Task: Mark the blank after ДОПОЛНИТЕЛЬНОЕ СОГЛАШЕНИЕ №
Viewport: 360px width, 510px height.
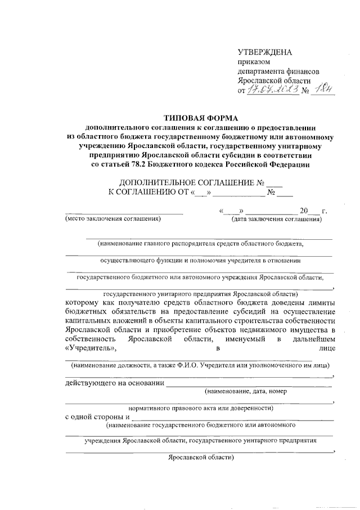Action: coord(274,182)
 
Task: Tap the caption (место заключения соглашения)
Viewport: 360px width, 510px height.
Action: coord(113,219)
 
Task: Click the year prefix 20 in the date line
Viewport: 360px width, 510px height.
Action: coord(304,211)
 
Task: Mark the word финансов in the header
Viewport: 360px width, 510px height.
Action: coord(304,72)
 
